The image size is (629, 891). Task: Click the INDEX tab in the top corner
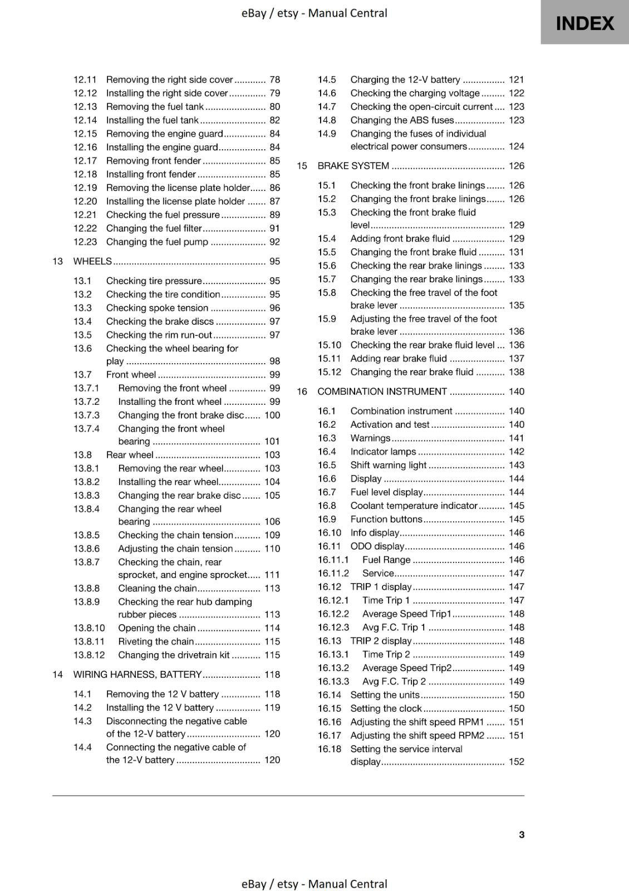(584, 23)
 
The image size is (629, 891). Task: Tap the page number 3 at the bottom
(521, 834)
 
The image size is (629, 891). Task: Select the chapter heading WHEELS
(92, 261)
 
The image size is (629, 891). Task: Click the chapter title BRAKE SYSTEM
(353, 166)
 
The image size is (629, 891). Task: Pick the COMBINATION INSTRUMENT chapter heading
(382, 391)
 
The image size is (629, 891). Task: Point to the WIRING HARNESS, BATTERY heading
(137, 674)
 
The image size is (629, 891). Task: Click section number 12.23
(85, 242)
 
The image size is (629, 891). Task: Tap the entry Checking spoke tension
(157, 308)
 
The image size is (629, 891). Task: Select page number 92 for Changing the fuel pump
(274, 242)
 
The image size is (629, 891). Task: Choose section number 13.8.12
(89, 655)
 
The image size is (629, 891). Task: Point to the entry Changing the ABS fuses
(402, 120)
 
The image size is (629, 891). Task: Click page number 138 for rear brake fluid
(516, 372)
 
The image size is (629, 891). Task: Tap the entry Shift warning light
(388, 465)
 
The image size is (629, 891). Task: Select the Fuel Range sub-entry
(386, 560)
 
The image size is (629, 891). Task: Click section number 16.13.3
(333, 681)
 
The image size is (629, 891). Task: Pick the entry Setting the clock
(386, 708)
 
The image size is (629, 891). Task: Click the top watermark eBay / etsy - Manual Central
(314, 13)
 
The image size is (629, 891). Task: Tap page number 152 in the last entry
(516, 761)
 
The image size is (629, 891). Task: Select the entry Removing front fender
(153, 161)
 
